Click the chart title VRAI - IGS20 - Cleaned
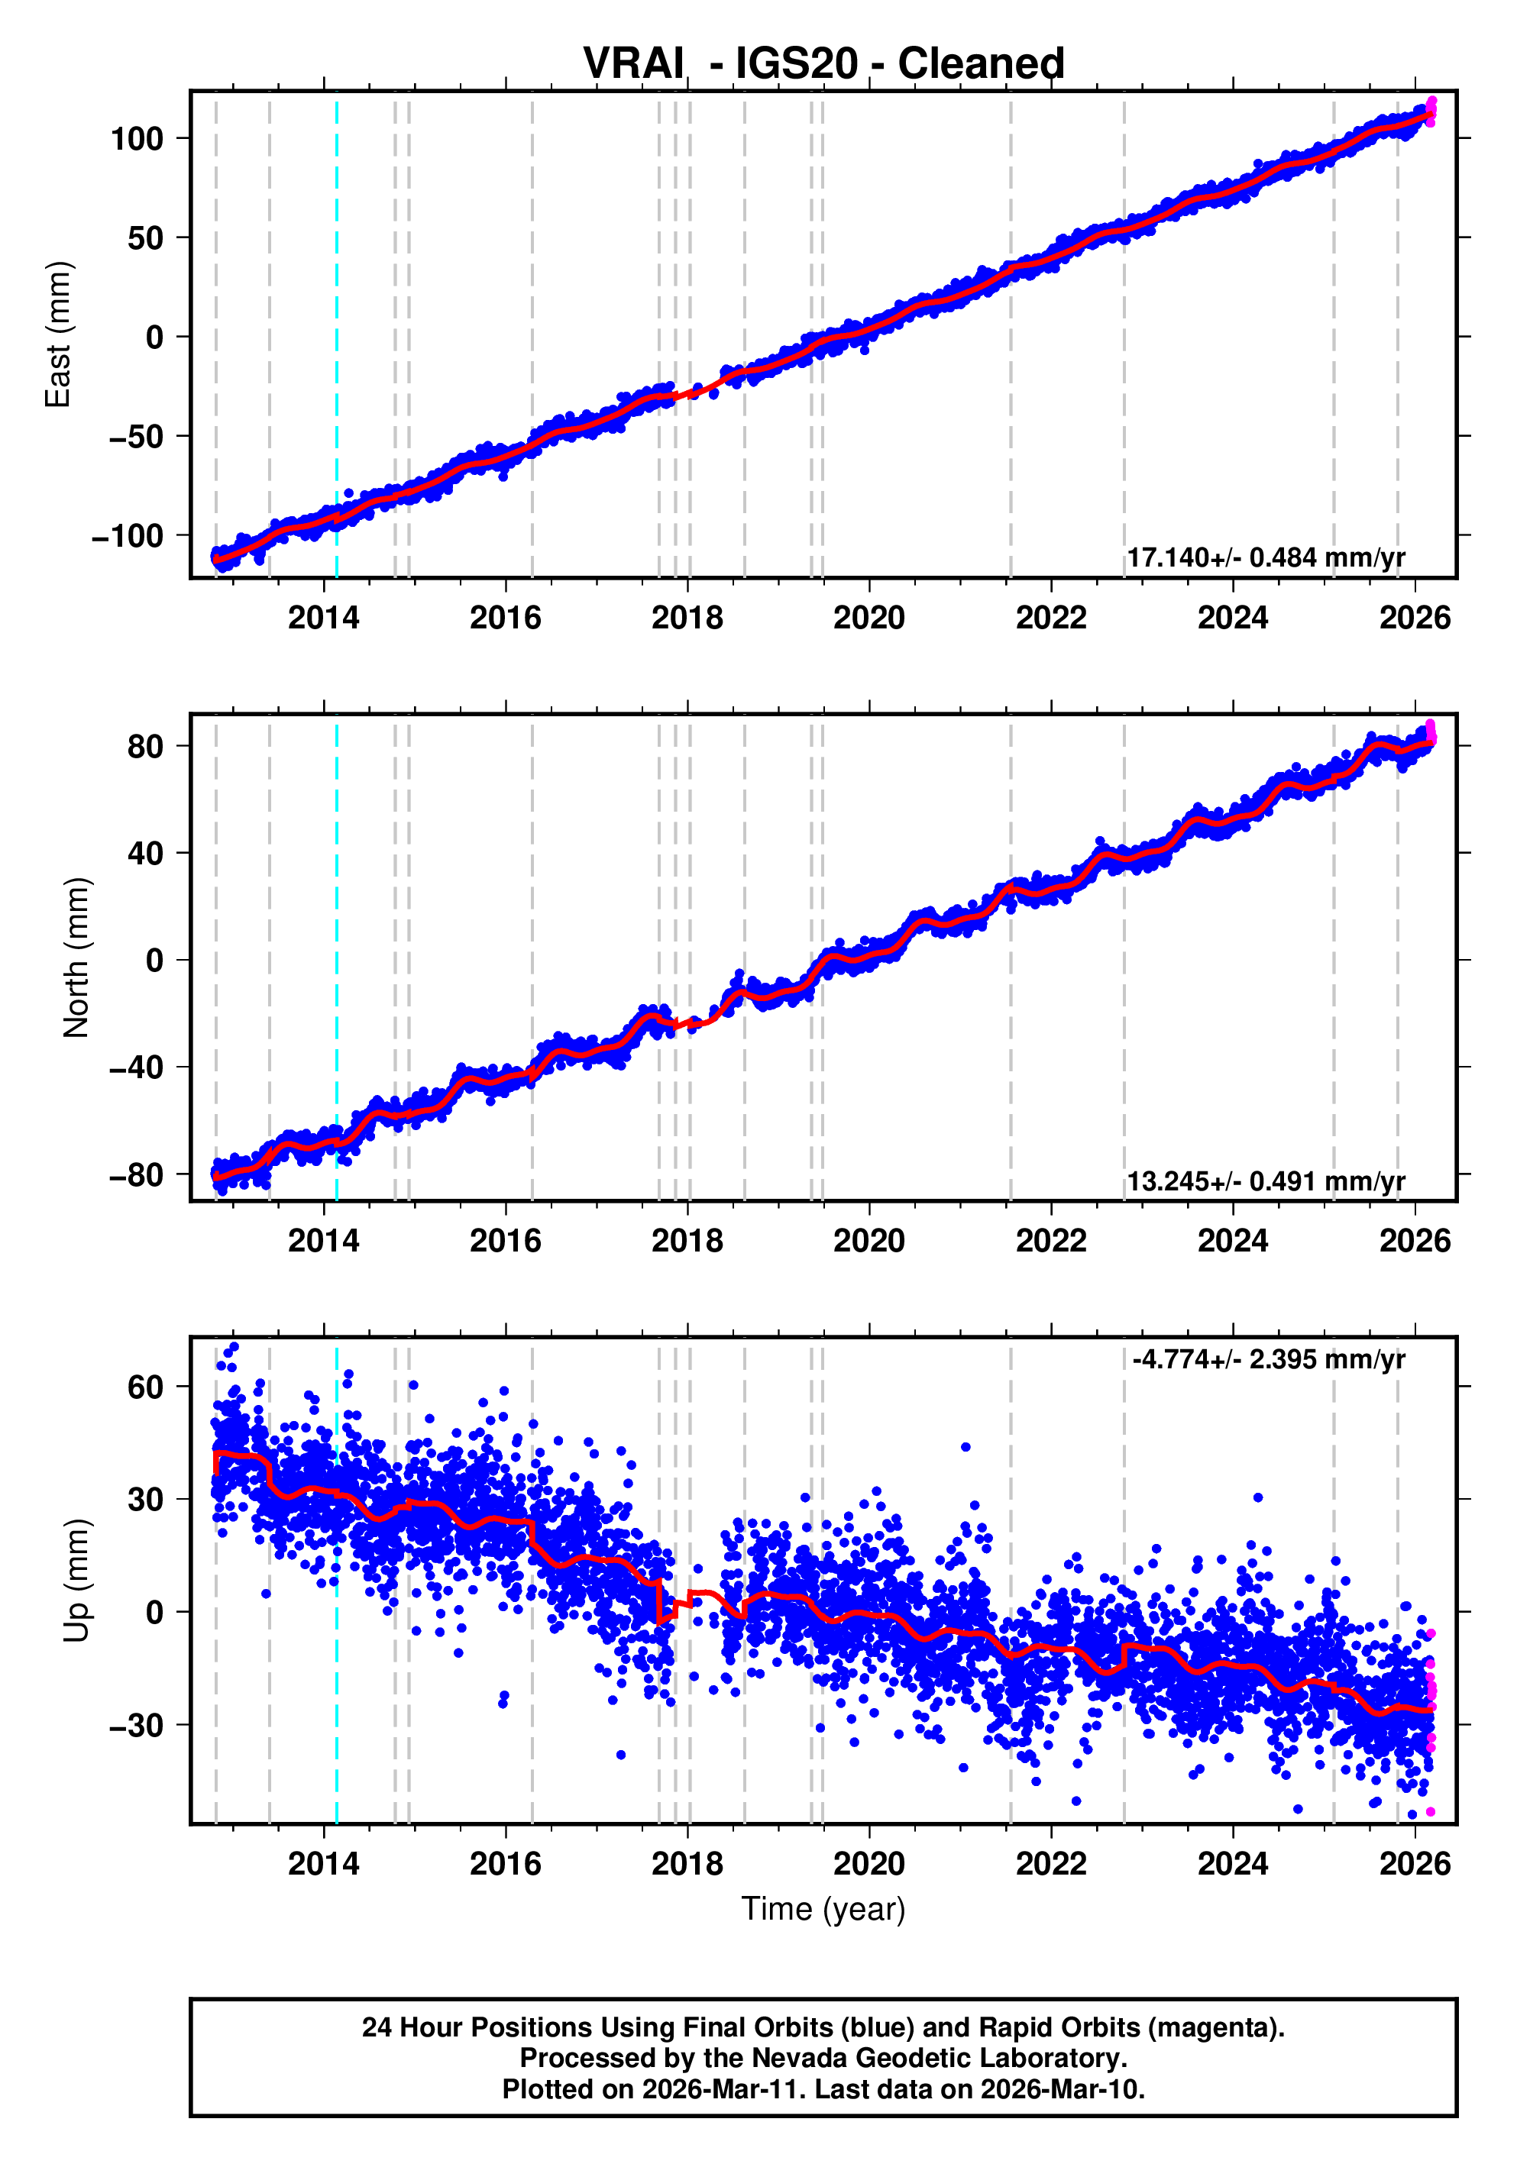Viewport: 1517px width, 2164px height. pos(823,64)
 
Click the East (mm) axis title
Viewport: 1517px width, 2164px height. pos(59,334)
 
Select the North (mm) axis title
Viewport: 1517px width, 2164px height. pos(76,958)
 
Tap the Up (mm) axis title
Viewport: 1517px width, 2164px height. pos(76,1581)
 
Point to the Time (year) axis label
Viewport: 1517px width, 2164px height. pos(823,1908)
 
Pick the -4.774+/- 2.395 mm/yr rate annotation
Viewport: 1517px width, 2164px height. pos(1268,1359)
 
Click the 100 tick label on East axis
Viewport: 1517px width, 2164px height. pos(137,140)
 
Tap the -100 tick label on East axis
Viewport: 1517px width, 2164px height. pos(128,536)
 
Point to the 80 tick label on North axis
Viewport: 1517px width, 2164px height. pos(145,747)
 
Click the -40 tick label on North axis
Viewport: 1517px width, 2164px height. pos(136,1067)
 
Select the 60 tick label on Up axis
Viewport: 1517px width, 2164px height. pos(145,1387)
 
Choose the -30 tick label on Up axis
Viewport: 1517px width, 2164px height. pos(136,1726)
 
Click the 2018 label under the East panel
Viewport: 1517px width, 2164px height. pos(687,619)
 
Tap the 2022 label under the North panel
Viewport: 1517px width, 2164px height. pos(1050,1242)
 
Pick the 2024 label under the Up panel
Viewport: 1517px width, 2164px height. pos(1232,1863)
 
